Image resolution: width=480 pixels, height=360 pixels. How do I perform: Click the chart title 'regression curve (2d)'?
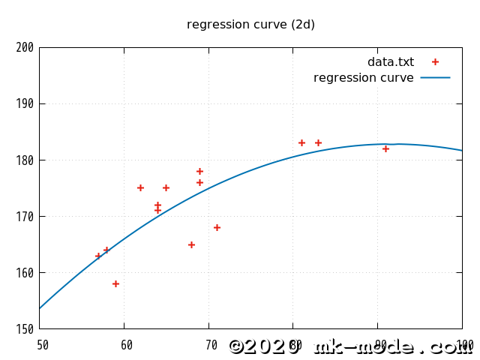coord(250,25)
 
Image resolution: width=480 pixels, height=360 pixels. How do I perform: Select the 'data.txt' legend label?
coord(390,62)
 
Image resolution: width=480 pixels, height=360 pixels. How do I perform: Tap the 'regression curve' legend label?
coord(363,78)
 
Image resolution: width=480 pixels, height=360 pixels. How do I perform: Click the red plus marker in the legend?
coord(435,62)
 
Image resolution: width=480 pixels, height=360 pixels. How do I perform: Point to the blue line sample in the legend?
coord(435,77)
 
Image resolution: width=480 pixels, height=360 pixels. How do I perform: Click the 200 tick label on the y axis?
coord(25,48)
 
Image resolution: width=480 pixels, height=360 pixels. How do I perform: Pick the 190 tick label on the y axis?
coord(25,104)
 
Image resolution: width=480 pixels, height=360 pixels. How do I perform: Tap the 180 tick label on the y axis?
coord(25,160)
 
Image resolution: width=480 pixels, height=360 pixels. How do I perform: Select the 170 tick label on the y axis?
coord(25,217)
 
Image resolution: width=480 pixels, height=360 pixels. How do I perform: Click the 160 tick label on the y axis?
coord(25,273)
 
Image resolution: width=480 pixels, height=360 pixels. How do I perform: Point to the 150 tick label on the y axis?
coord(25,329)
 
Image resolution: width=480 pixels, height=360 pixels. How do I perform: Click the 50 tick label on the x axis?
coord(43,346)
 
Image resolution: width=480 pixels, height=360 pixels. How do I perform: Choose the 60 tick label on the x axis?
coord(127,346)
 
